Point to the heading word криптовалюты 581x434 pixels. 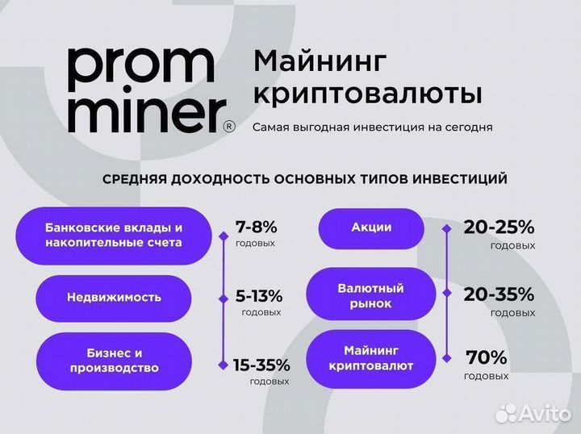pyautogui.click(x=368, y=94)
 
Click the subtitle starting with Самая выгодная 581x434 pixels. pyautogui.click(x=372, y=127)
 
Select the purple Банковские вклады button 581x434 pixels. pyautogui.click(x=114, y=235)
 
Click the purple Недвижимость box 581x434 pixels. pyautogui.click(x=114, y=297)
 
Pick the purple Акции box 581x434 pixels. pyautogui.click(x=371, y=227)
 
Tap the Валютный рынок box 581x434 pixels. pyautogui.click(x=371, y=295)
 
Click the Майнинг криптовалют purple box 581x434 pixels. pyautogui.click(x=371, y=358)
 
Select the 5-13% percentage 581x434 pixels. pyautogui.click(x=258, y=295)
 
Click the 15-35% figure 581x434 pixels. pyautogui.click(x=261, y=365)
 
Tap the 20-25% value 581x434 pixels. pyautogui.click(x=499, y=227)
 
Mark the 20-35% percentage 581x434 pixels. pyautogui.click(x=499, y=294)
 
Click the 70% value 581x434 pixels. pyautogui.click(x=486, y=357)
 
